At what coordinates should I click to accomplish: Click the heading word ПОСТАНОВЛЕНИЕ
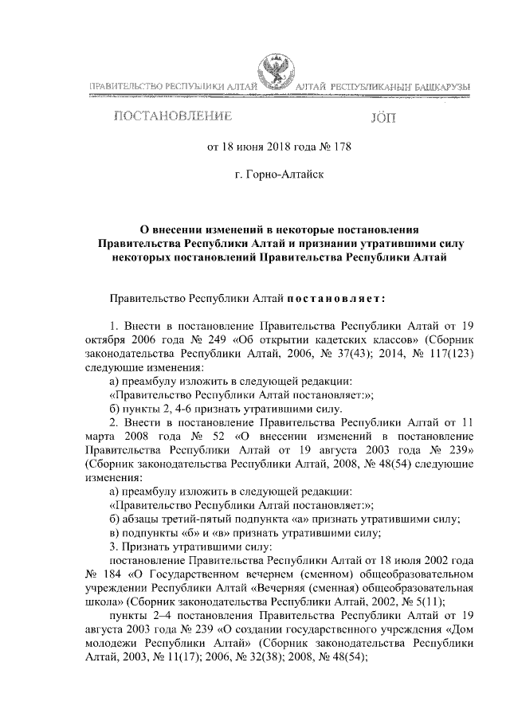[174, 116]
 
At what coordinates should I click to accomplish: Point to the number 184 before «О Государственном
[118, 573]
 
